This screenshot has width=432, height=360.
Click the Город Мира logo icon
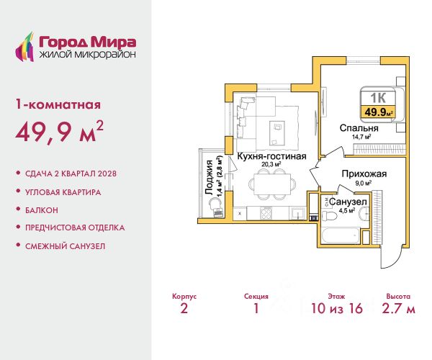[24, 47]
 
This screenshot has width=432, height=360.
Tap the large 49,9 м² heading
[60, 132]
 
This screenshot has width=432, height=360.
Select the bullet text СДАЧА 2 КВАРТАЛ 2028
[71, 174]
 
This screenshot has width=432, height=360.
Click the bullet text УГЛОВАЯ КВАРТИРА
[63, 192]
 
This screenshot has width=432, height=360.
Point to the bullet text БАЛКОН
[42, 210]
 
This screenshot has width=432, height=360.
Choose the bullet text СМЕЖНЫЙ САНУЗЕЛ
[65, 246]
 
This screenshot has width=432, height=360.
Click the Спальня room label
[359, 128]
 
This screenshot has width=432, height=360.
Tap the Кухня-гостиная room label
[271, 156]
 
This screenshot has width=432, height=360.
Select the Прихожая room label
[364, 174]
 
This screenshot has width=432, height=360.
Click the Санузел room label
[348, 202]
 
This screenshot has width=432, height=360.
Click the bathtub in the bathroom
[341, 235]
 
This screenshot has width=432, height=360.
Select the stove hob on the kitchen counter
[266, 213]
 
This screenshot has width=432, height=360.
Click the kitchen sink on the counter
[298, 213]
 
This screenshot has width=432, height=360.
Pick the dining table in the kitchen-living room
[272, 184]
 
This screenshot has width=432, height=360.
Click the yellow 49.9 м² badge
[378, 112]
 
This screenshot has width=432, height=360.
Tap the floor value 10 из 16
[337, 308]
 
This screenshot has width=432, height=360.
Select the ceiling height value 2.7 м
[398, 308]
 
